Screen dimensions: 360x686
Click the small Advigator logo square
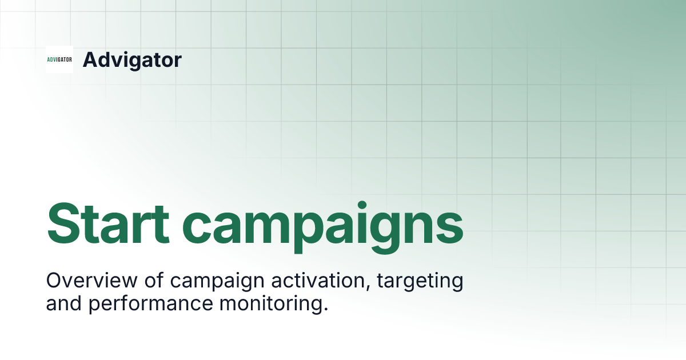click(x=59, y=59)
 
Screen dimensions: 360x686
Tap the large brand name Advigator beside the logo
click(x=132, y=59)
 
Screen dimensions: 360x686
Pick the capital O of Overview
click(x=54, y=281)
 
